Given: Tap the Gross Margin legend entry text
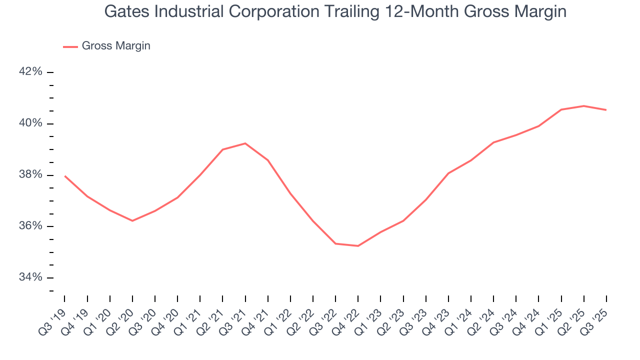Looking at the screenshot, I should click(x=116, y=46).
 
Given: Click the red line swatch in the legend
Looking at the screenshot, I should click(x=70, y=46).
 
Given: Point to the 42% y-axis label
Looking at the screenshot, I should click(x=30, y=72).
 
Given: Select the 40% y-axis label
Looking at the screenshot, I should click(x=30, y=123).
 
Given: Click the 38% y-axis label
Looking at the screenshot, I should click(x=30, y=174).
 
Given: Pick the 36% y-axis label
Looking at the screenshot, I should click(x=30, y=226).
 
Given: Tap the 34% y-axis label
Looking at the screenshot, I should click(x=30, y=277).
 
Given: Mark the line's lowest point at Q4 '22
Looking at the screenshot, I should click(x=358, y=246).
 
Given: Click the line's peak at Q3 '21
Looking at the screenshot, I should click(x=245, y=143).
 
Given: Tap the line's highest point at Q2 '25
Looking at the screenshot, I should click(x=583, y=106).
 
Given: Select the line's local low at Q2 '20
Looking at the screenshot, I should click(x=132, y=220).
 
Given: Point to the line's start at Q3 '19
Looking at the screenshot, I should click(x=65, y=176).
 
